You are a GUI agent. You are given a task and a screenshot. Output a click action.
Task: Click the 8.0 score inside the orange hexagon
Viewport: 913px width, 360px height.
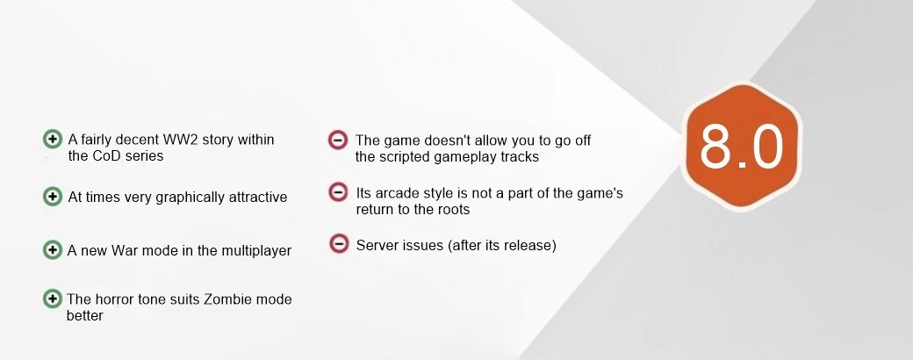coord(742,147)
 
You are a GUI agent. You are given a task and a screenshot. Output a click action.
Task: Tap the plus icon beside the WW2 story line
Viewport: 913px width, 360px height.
coord(53,140)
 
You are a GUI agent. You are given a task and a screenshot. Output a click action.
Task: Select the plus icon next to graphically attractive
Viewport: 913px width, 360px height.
coord(53,197)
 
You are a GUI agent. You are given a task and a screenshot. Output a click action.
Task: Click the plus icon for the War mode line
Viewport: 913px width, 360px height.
coord(53,250)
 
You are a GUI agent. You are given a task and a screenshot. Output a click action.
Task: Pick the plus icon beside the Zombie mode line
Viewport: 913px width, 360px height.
coord(53,299)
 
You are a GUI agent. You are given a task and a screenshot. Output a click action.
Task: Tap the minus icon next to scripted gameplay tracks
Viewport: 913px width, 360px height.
coord(338,140)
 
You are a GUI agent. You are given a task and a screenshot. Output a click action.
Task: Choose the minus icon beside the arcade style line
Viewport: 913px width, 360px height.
coord(338,191)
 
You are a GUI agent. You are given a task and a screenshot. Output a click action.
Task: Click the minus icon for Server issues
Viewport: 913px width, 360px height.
coord(339,243)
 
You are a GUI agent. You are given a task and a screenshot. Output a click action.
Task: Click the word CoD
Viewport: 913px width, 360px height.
coord(105,156)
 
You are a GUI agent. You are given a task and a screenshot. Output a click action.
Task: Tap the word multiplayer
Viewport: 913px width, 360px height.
coord(260,251)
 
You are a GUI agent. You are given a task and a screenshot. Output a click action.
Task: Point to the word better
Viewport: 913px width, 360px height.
coord(85,316)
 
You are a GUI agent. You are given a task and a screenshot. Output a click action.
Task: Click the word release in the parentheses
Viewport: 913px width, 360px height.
coord(528,245)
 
